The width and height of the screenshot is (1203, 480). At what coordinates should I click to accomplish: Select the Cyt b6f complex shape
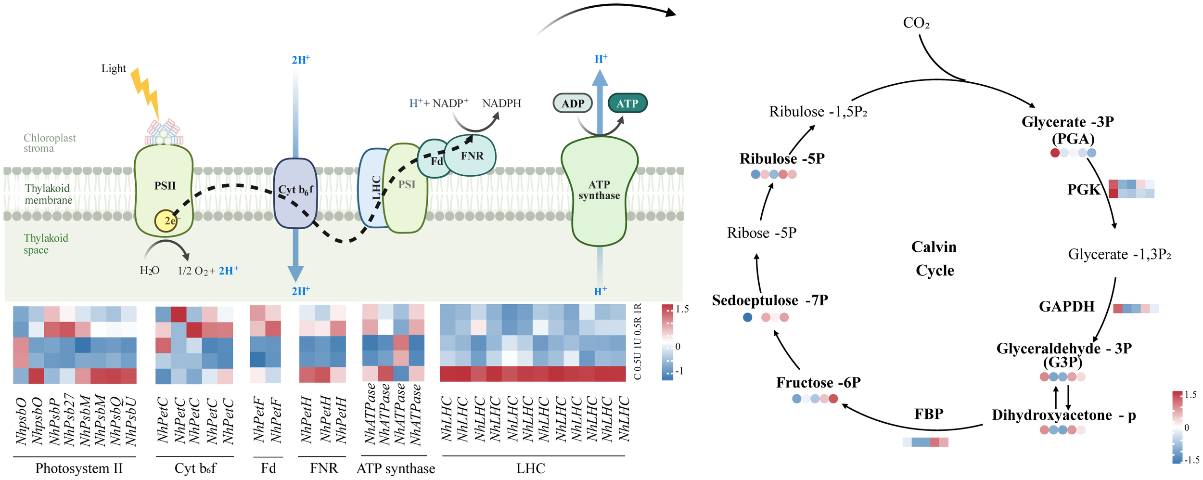tap(295, 193)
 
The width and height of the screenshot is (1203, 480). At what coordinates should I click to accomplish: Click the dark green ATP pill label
tap(627, 104)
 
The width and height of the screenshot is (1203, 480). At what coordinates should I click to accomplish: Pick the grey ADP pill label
tap(573, 104)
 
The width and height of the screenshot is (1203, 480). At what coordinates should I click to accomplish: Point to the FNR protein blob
tap(471, 156)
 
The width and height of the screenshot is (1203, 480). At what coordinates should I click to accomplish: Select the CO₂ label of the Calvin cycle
tap(916, 23)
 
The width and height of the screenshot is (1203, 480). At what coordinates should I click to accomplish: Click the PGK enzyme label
tap(1083, 190)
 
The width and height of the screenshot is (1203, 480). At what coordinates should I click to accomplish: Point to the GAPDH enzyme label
tap(1066, 307)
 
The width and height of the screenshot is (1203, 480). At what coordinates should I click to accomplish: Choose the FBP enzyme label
tap(928, 414)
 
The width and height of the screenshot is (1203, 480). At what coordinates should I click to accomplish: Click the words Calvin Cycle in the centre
tap(934, 259)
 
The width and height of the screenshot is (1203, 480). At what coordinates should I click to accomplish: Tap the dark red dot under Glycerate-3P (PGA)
tap(1055, 153)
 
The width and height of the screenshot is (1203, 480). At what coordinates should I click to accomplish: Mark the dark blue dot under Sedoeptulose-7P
tap(747, 317)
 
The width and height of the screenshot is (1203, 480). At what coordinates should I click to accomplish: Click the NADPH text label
tap(501, 104)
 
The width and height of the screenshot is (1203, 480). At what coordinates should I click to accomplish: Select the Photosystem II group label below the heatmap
tap(79, 468)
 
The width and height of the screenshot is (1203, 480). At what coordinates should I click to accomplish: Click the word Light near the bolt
tap(113, 68)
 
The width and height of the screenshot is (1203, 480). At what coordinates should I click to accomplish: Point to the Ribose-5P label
tap(762, 233)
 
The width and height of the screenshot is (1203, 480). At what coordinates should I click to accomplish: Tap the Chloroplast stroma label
tap(49, 143)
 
